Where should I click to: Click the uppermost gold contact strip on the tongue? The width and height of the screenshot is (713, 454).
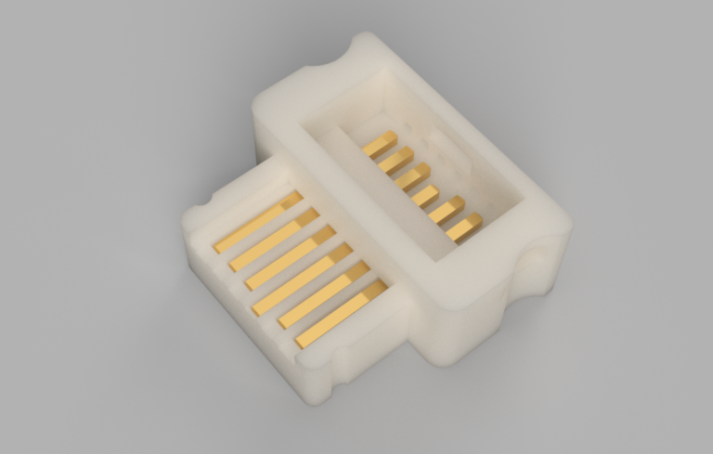click(x=258, y=222)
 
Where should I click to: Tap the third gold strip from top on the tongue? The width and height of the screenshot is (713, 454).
click(x=290, y=257)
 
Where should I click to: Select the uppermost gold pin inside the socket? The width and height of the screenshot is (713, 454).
click(x=380, y=145)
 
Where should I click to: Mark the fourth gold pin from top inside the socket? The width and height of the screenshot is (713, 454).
click(x=426, y=196)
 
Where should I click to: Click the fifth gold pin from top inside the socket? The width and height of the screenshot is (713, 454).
click(x=447, y=210)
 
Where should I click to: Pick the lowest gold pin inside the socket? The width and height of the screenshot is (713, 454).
click(x=464, y=227)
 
